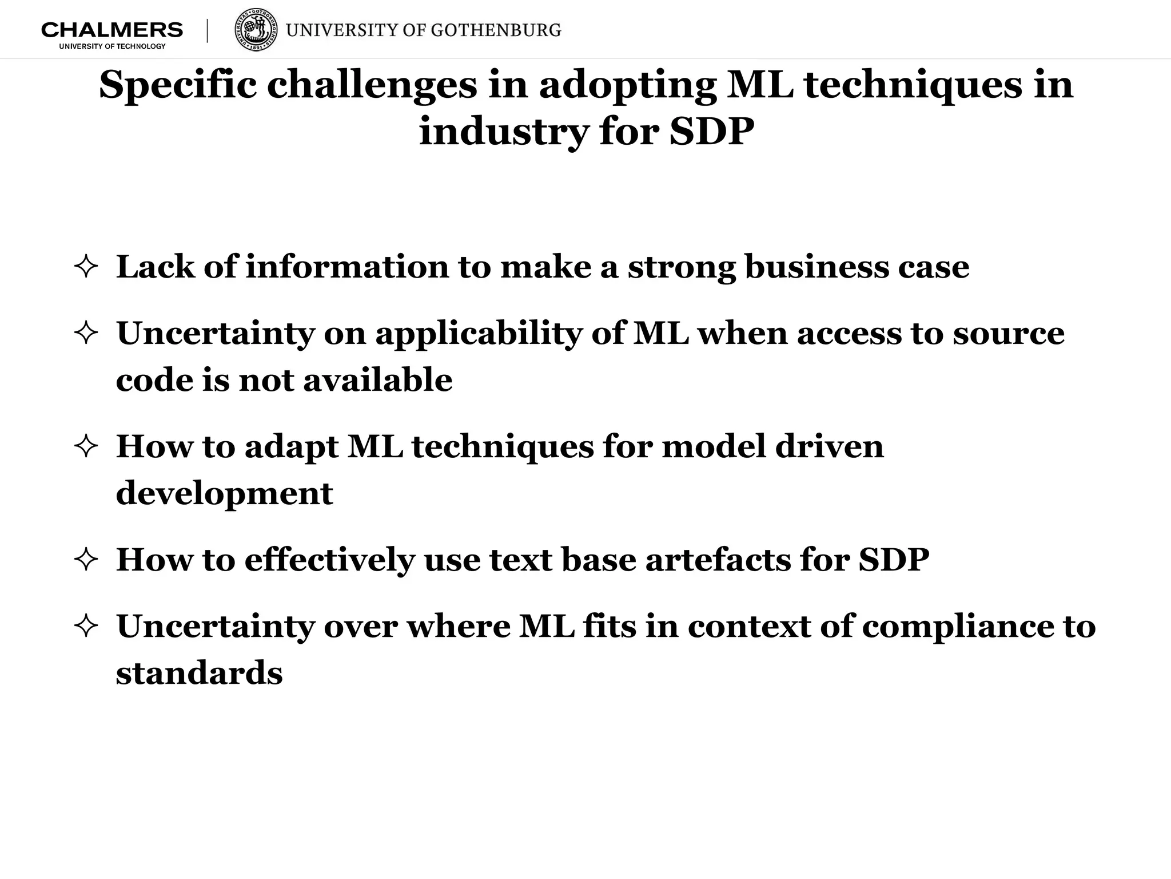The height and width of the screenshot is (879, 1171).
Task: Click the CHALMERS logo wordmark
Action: (112, 30)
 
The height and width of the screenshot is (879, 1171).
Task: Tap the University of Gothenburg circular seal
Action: (257, 30)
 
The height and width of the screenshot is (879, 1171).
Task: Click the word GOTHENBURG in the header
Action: (496, 30)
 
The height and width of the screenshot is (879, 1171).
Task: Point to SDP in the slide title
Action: (711, 132)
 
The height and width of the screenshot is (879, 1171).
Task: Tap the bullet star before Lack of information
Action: (86, 267)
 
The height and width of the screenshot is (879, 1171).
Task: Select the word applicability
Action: (478, 334)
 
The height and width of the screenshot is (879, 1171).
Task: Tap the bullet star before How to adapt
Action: (86, 446)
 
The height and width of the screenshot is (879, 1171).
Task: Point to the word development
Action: (224, 493)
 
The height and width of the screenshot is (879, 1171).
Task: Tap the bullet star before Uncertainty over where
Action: (86, 626)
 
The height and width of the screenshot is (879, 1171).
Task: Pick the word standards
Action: (199, 673)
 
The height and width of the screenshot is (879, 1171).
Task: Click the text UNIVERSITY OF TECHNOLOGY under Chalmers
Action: (112, 46)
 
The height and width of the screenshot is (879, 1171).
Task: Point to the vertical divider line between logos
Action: (207, 31)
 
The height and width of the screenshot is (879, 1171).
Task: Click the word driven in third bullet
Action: (829, 446)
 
